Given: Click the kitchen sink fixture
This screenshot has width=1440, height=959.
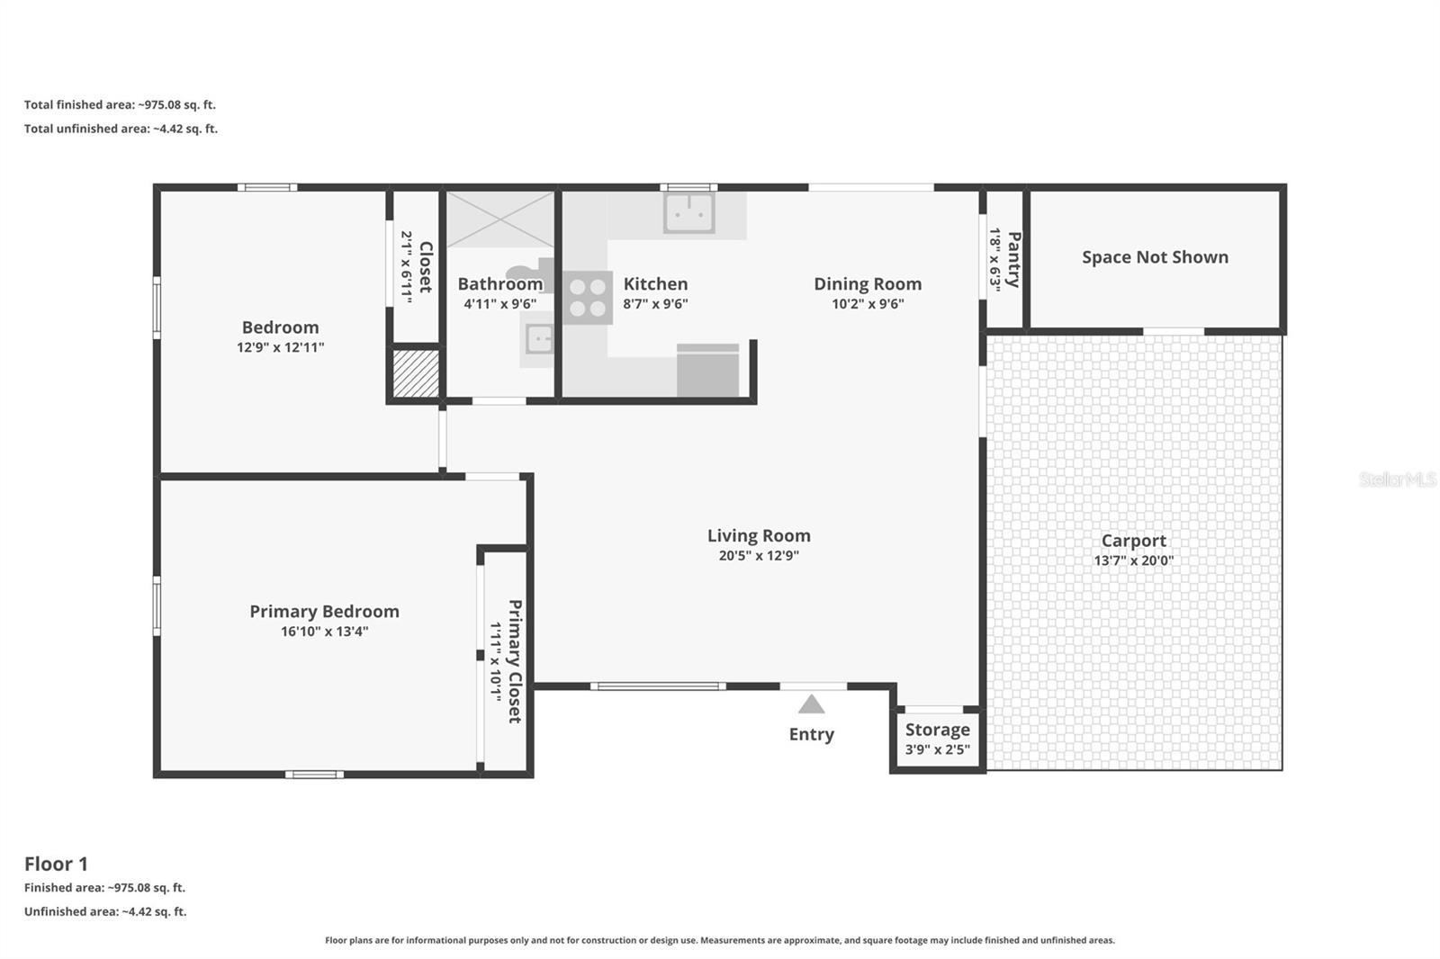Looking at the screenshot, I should point(689,213).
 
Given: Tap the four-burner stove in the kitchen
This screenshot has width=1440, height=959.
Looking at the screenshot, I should point(588,298).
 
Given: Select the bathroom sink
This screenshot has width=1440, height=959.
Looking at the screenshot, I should point(538,339).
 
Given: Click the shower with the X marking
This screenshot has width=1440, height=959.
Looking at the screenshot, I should point(500,219).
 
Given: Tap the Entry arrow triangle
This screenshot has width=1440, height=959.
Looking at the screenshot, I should point(811,704).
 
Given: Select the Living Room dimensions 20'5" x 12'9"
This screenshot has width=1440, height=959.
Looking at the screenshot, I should point(759,556).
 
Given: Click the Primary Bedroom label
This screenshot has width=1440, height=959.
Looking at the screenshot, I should point(324,612).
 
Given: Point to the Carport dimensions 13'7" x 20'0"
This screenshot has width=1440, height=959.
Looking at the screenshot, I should point(1133,560).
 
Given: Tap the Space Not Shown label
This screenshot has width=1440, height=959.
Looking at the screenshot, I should point(1155,257).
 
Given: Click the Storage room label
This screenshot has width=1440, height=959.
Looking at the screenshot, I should point(937,730).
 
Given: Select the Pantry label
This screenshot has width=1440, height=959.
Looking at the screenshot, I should point(1013,259).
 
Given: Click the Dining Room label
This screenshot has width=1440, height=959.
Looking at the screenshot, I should point(868,284).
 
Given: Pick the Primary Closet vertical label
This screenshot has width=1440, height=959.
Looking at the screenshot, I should point(515,661).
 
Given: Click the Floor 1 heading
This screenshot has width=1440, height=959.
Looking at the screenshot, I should point(56,864).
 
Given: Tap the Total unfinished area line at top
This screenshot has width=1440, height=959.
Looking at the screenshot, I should point(121,129).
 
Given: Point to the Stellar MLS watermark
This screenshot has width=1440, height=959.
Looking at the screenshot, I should point(1397,479).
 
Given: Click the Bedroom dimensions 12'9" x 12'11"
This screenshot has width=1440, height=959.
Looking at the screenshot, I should point(280,347).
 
